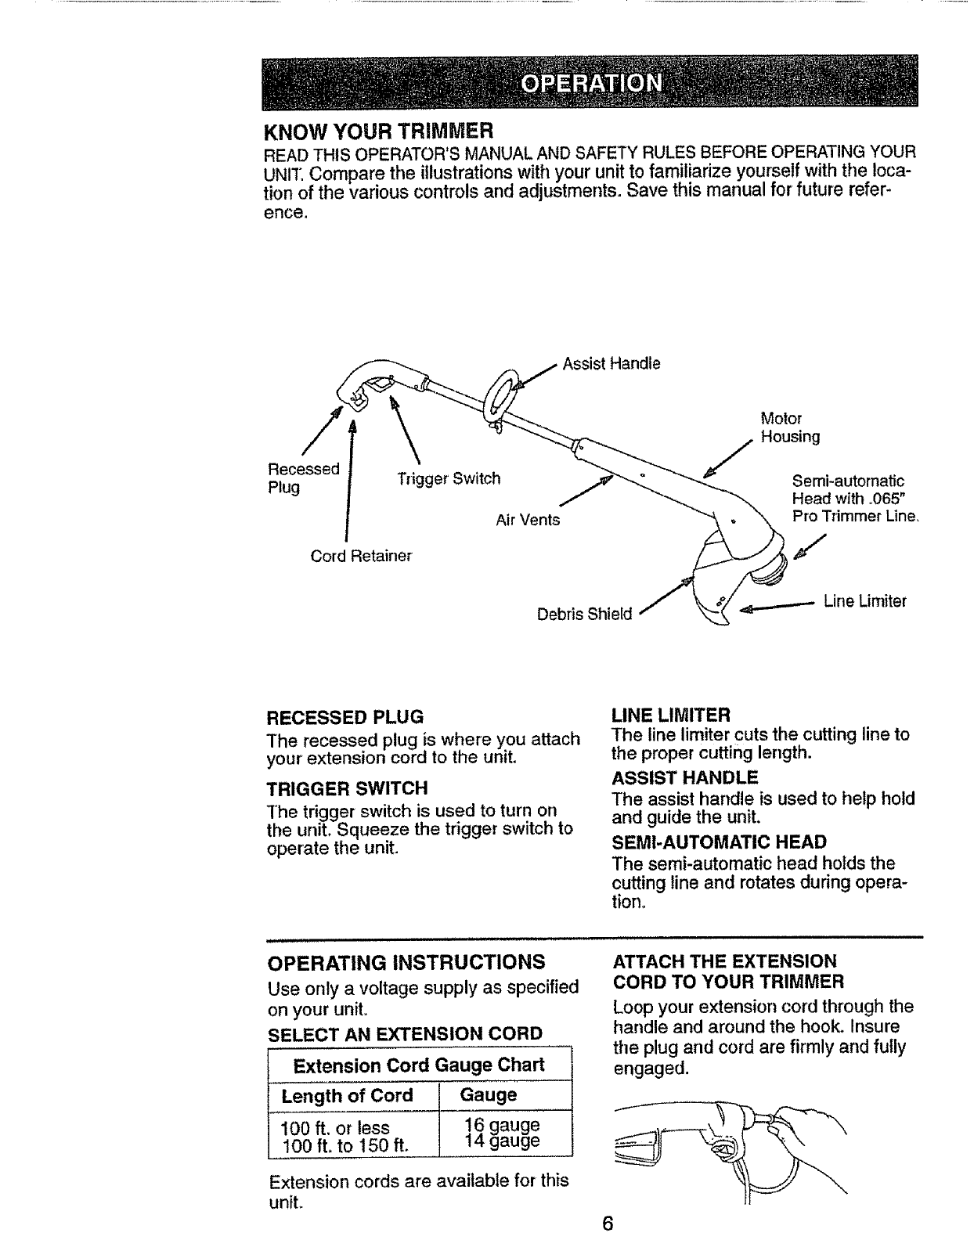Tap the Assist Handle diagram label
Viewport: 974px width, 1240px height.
coord(612,364)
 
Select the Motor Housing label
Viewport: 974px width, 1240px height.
coord(788,427)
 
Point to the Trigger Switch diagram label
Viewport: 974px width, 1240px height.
coord(448,478)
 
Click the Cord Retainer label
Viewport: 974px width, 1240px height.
coord(361,556)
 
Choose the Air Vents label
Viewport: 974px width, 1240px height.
coord(528,519)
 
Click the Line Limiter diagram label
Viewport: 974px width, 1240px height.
coord(864,601)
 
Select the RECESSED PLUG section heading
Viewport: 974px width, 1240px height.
coord(345,717)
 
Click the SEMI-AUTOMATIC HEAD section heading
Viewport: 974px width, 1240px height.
coord(720,842)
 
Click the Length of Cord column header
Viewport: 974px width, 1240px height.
coord(347,1095)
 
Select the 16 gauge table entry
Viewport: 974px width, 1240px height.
coord(502,1125)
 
